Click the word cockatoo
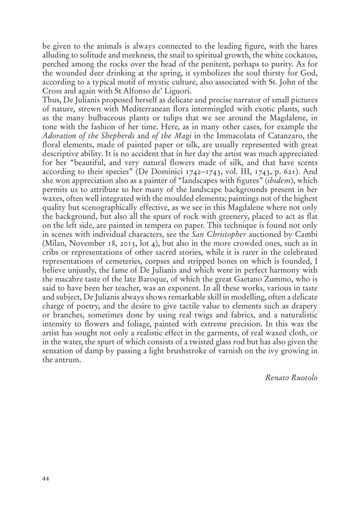click(303, 55)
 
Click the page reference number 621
click(291, 172)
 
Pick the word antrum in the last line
click(67, 360)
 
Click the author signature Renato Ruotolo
click(291, 378)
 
